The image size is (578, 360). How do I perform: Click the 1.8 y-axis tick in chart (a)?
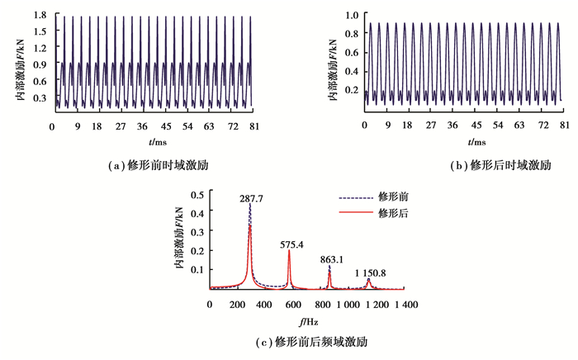(40, 16)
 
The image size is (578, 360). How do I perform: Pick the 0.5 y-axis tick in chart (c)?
(197, 195)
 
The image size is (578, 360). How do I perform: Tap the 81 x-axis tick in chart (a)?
(254, 126)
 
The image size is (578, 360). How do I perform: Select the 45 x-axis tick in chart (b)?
(476, 126)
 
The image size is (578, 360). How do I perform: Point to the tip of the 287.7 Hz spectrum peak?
(249, 206)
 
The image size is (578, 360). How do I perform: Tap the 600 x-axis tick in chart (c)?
(292, 306)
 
